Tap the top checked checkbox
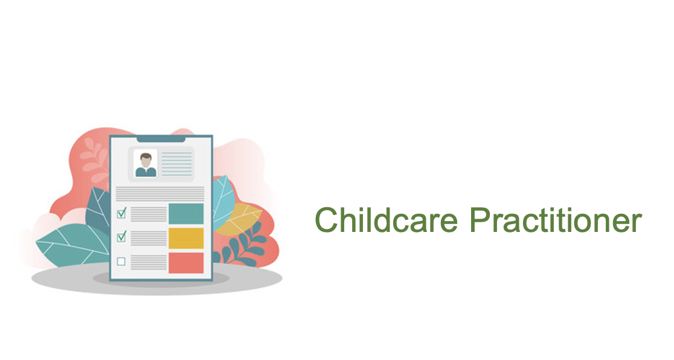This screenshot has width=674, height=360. (x=121, y=213)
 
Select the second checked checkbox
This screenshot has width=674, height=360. (x=121, y=236)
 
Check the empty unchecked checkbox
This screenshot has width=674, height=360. (x=121, y=262)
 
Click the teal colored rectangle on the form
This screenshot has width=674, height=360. (x=185, y=214)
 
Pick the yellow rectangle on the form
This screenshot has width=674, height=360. (x=185, y=238)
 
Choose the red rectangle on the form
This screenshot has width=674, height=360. (x=185, y=263)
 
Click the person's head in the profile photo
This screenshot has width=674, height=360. (x=146, y=160)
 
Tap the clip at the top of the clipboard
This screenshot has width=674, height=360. (x=161, y=139)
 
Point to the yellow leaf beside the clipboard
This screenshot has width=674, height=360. (x=238, y=219)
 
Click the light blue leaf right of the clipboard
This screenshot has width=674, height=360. (x=223, y=202)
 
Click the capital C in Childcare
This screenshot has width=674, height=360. (x=326, y=220)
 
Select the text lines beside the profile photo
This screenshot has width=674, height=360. (x=177, y=164)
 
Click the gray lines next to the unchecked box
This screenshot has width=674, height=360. (x=149, y=262)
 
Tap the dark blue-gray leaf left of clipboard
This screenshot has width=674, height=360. (x=99, y=211)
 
